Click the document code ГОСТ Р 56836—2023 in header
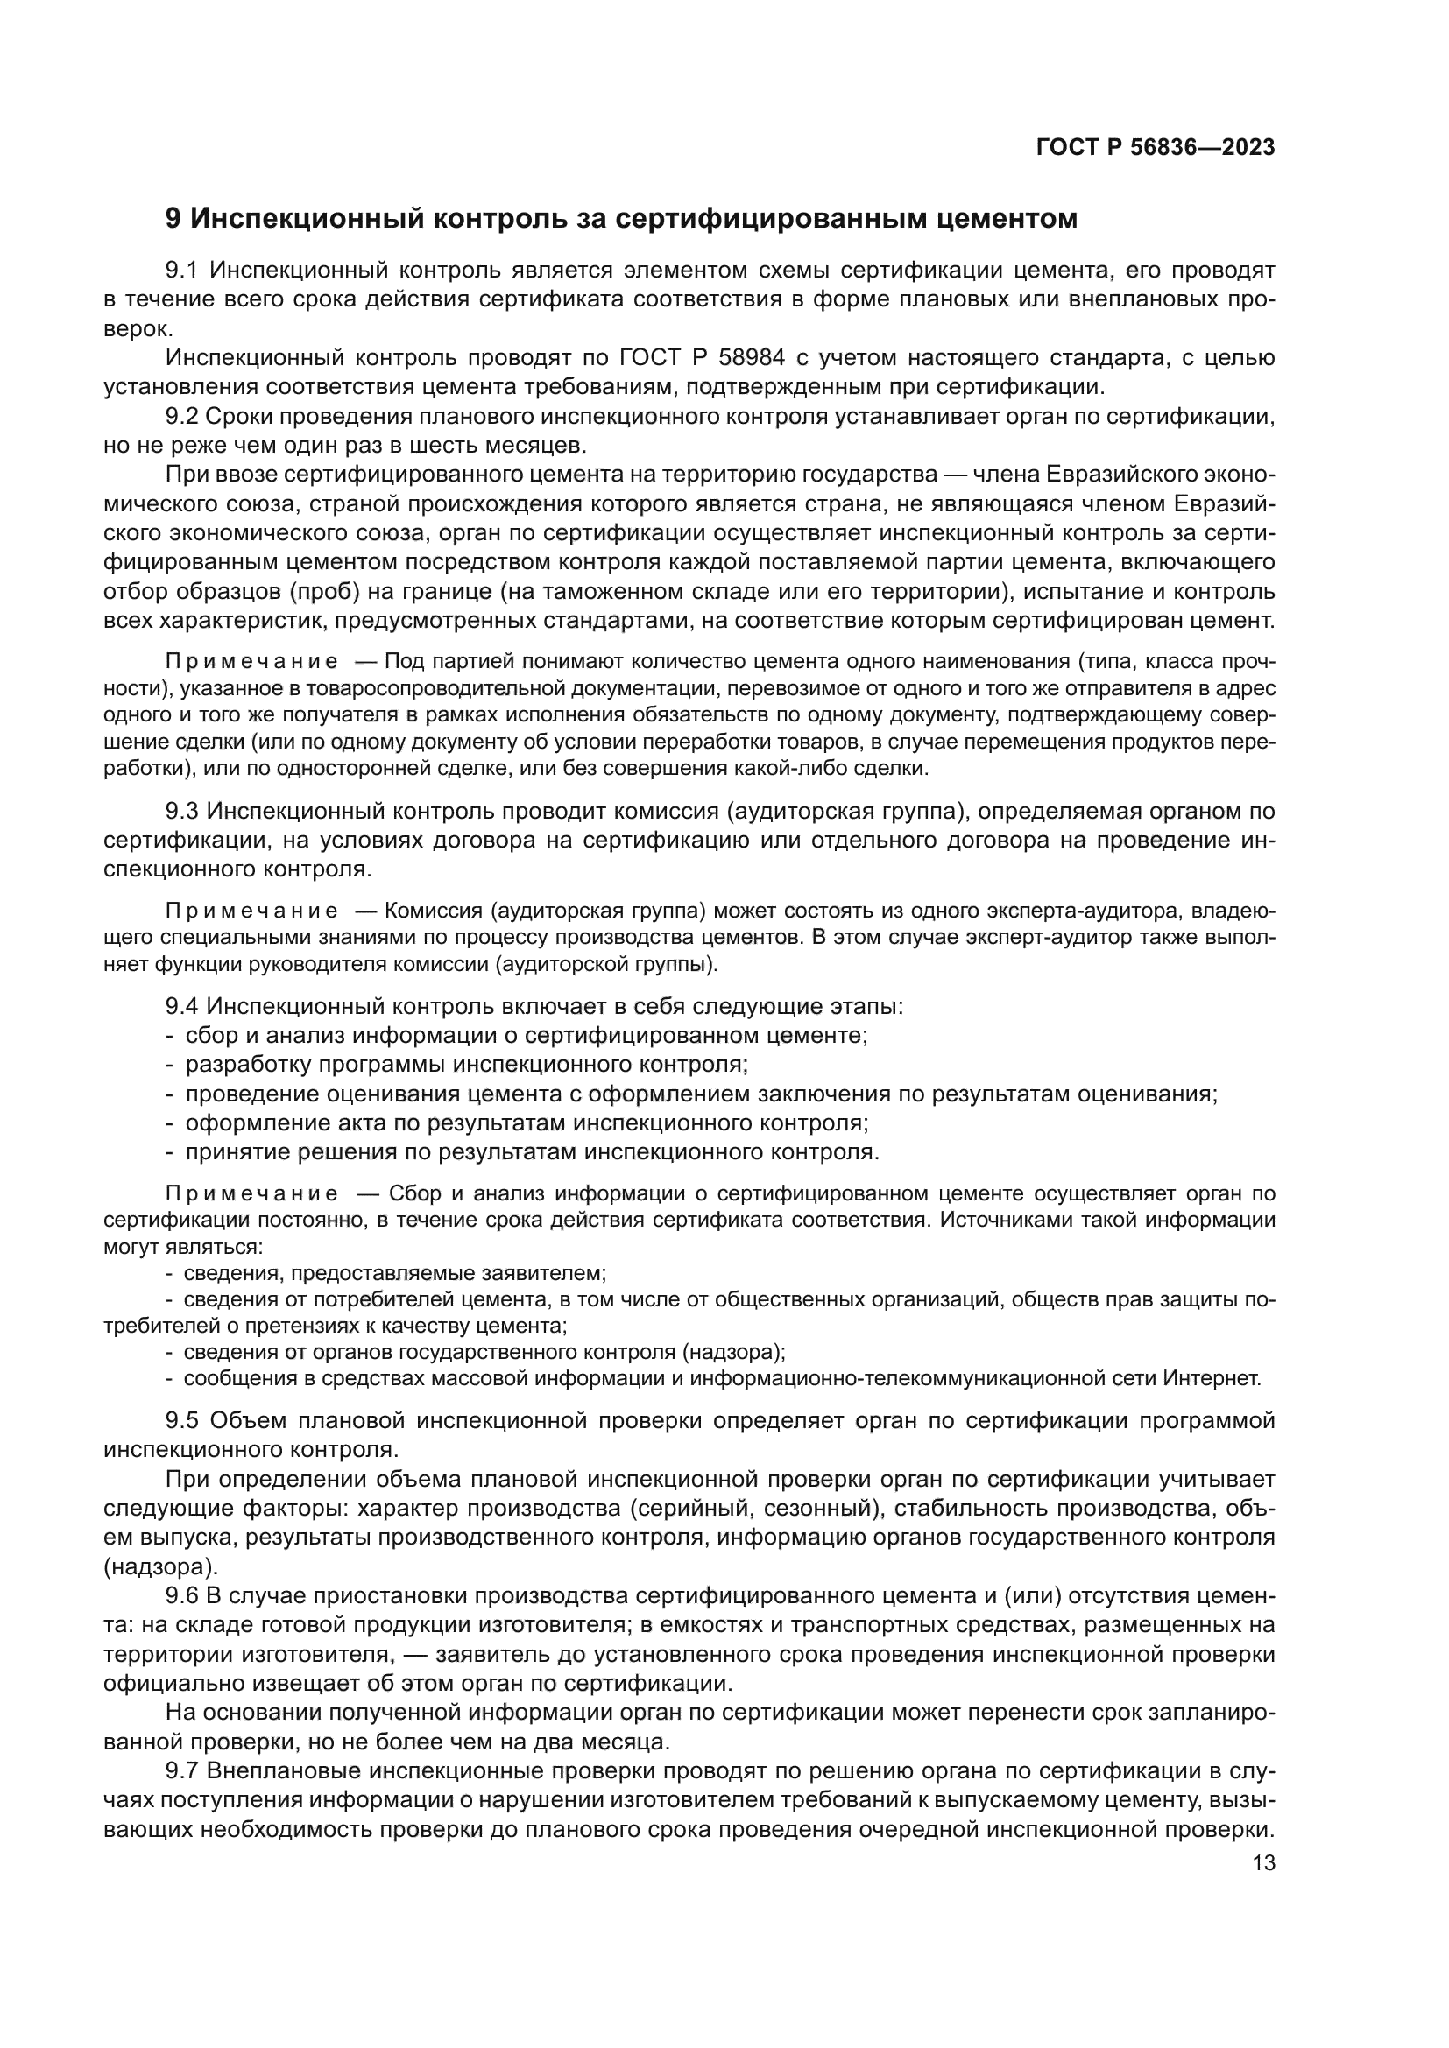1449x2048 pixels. [1155, 148]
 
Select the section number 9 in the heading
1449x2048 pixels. [173, 219]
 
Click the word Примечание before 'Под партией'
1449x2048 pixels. [251, 662]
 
